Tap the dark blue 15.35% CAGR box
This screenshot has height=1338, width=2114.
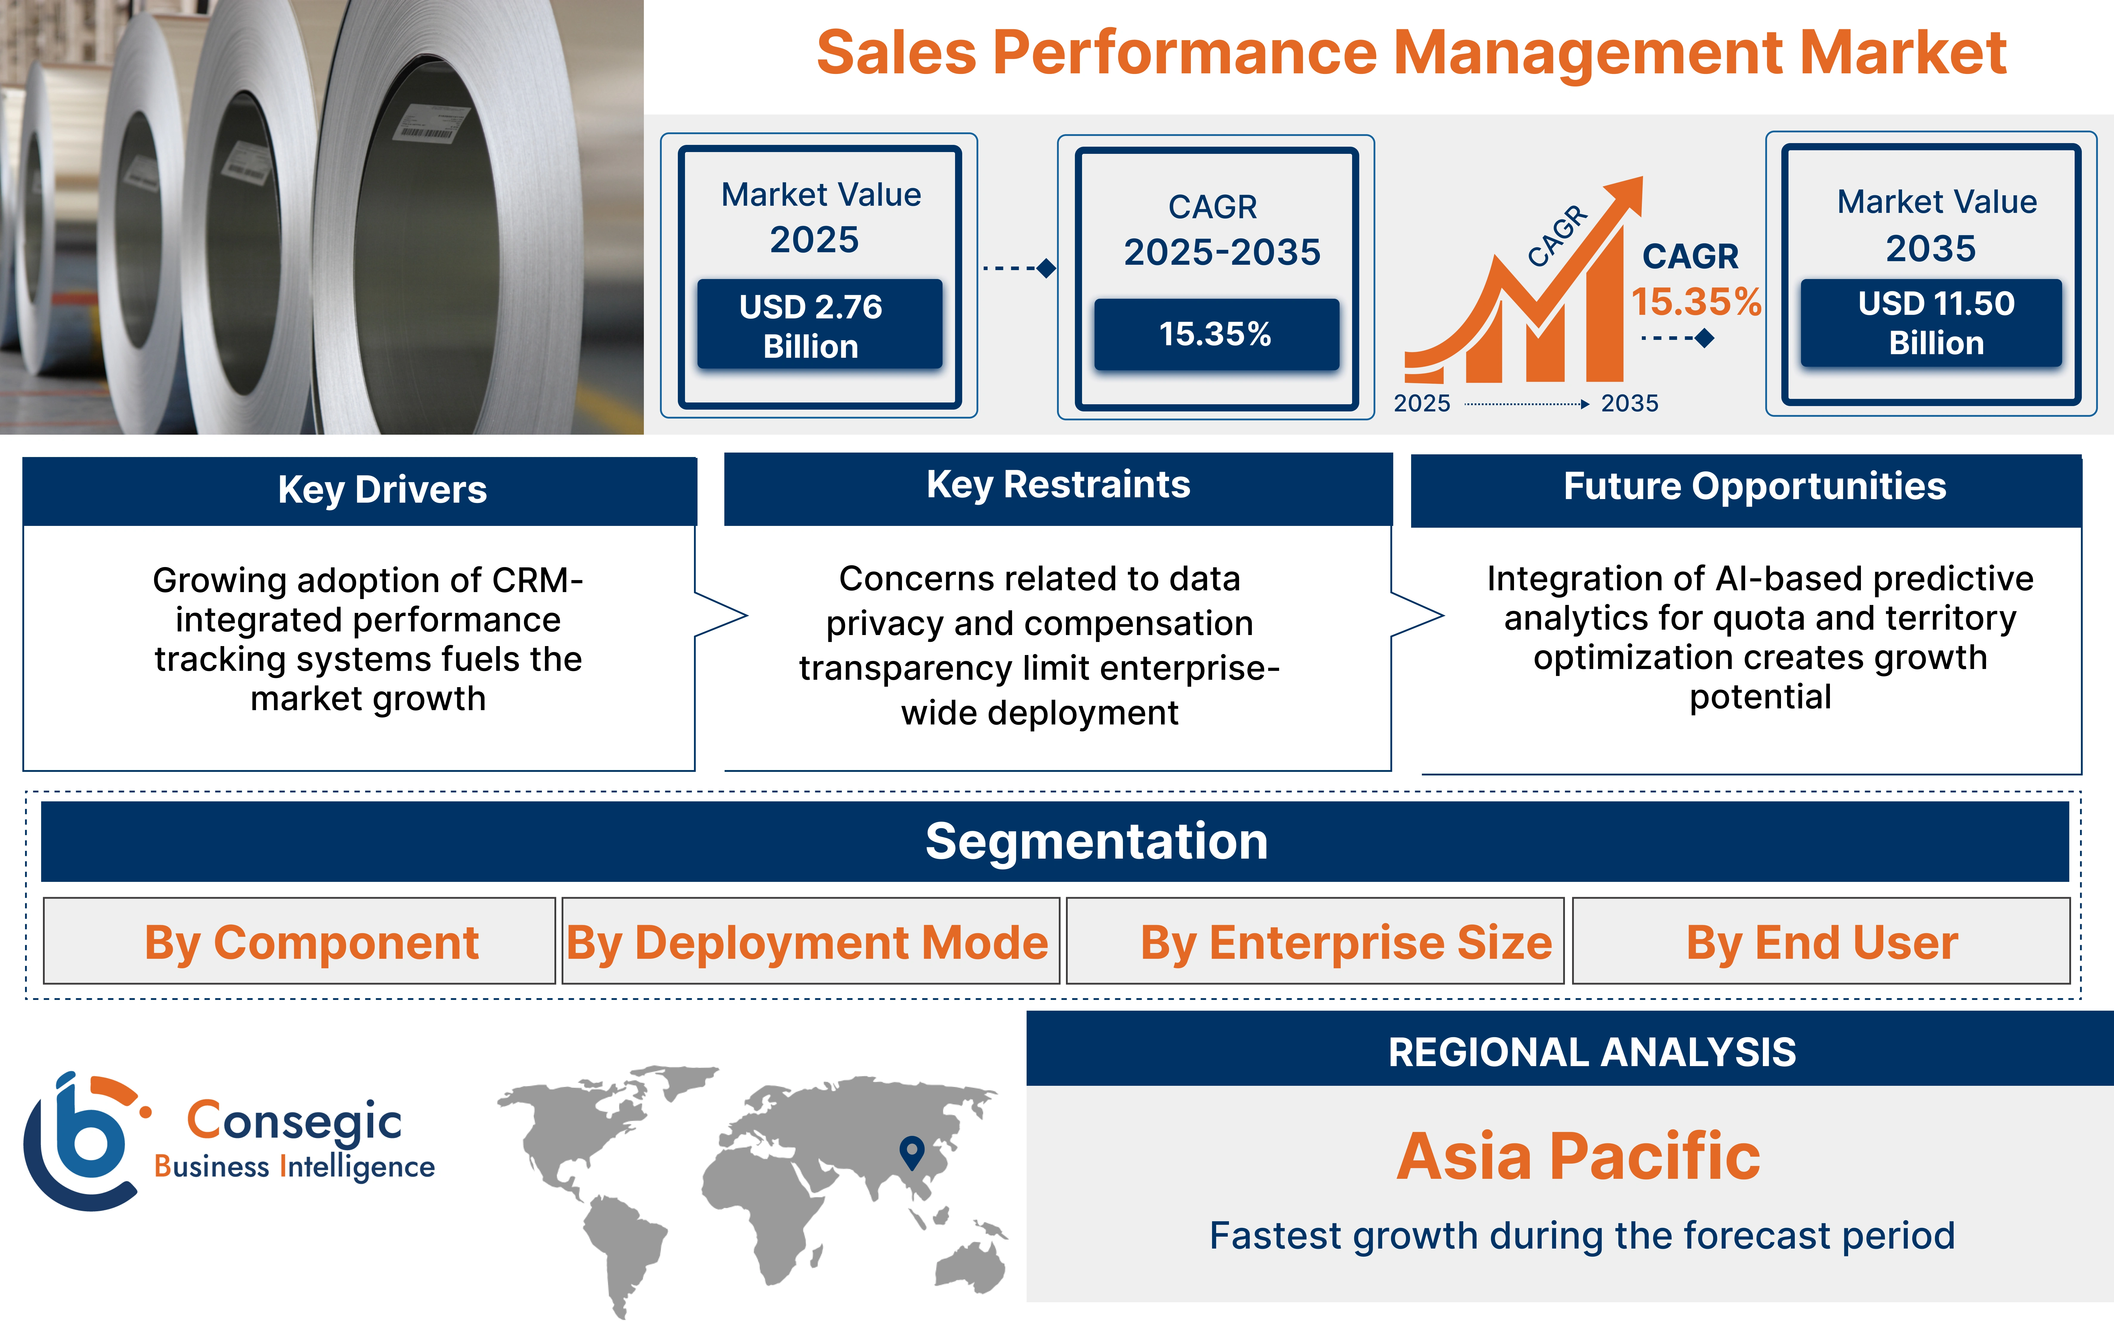point(1216,334)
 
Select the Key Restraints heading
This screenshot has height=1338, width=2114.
point(1058,485)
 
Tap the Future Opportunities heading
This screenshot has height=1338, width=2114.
point(1754,486)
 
